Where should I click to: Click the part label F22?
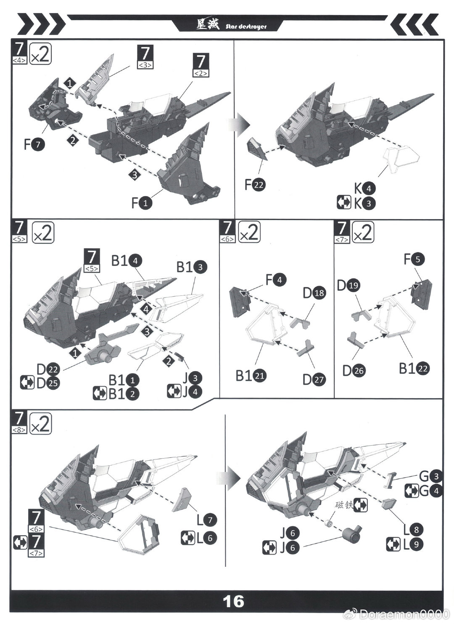click(x=255, y=185)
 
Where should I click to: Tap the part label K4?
click(x=364, y=189)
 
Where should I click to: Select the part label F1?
click(x=142, y=203)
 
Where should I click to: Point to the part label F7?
click(x=34, y=144)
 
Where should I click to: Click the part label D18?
click(x=314, y=293)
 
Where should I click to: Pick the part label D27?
click(x=314, y=380)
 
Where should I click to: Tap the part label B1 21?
click(x=251, y=375)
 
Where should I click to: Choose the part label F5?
click(x=414, y=259)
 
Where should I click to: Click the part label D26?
click(x=354, y=371)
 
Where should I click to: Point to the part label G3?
click(x=431, y=476)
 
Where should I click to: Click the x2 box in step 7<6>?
click(x=249, y=232)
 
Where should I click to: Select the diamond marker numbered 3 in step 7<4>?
click(x=135, y=175)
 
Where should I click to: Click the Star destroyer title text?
click(x=246, y=27)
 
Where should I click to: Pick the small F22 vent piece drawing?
click(x=257, y=149)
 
